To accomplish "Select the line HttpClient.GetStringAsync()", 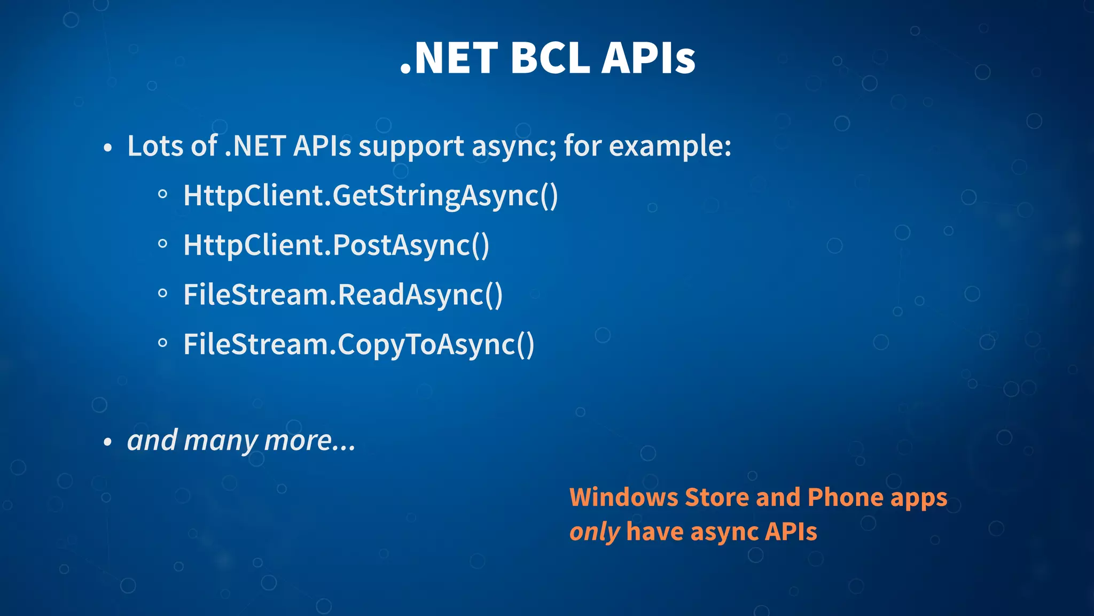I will click(370, 196).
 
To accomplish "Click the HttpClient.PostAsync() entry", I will click(336, 245).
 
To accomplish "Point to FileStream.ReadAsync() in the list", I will click(343, 295).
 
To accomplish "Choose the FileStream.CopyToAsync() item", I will click(358, 345).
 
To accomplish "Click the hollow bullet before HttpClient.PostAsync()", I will click(163, 244).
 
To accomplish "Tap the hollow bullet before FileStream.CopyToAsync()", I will click(163, 343).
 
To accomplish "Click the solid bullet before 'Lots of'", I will click(108, 148).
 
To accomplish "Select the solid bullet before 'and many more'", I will click(108, 442).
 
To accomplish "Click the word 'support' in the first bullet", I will click(411, 147).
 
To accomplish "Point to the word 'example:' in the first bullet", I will click(670, 145).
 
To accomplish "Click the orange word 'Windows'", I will click(623, 497).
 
